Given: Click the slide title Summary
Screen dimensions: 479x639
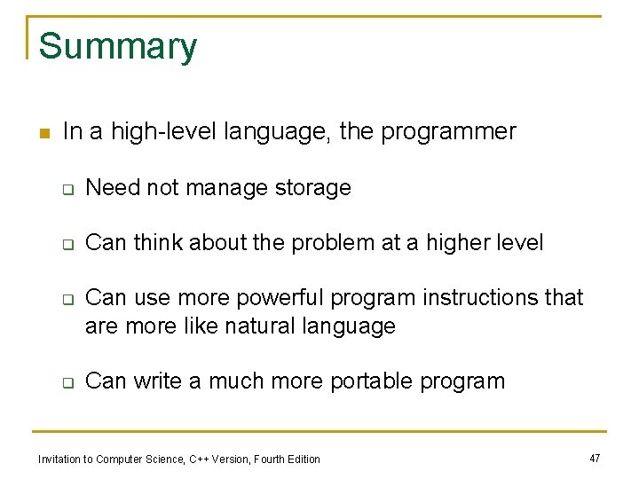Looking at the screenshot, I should [118, 46].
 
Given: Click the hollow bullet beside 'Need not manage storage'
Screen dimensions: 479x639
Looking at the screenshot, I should [67, 189].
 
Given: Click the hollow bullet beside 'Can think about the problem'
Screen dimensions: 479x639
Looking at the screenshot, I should [67, 244].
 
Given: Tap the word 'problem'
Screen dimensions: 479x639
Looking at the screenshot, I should [332, 243].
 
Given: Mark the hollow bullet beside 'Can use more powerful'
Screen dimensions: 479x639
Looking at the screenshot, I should [67, 299].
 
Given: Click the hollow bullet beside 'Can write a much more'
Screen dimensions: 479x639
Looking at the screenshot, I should [67, 382].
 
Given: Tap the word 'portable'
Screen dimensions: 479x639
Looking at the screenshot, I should [372, 381].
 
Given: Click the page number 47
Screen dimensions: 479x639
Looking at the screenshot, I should [594, 458].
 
